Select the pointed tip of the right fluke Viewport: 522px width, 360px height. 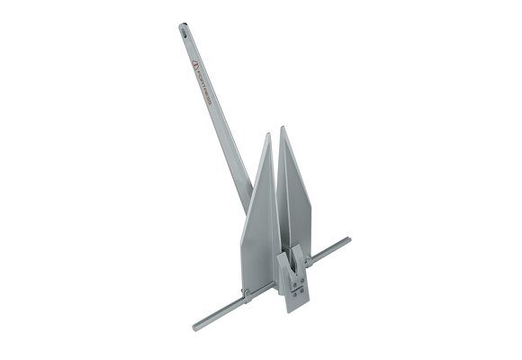(283, 128)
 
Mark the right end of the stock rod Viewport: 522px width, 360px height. (346, 240)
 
